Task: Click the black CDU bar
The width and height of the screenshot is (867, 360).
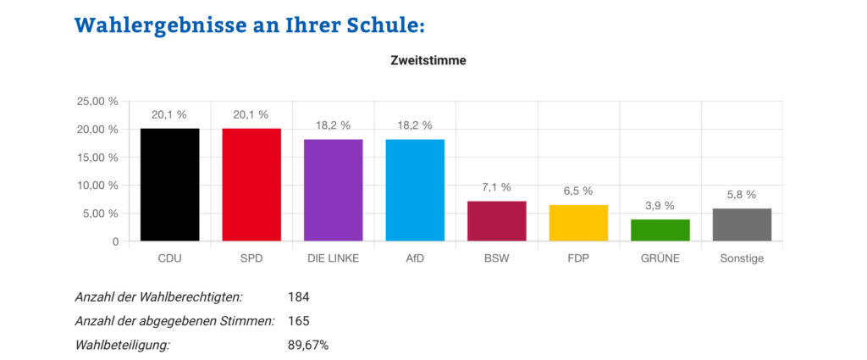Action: point(170,185)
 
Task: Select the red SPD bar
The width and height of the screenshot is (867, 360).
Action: point(251,185)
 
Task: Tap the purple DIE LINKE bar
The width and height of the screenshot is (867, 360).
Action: point(333,191)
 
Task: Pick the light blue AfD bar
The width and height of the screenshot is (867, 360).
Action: point(415,191)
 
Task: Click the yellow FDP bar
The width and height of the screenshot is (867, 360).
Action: point(578,223)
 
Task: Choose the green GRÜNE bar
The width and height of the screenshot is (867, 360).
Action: point(660,230)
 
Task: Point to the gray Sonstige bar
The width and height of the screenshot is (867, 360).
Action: point(742,224)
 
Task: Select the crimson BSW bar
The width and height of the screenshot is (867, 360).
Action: point(497,221)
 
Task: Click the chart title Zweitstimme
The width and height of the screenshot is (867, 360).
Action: point(428,61)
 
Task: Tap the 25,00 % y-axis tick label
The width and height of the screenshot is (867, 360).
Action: point(98,102)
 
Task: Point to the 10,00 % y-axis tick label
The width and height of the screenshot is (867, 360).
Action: point(98,186)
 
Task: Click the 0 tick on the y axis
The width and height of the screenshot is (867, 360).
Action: point(114,241)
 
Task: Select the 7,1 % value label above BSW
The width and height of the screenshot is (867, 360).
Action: point(496,187)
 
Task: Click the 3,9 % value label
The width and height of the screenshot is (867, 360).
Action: point(660,205)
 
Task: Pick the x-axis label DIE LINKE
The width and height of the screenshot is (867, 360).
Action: point(333,258)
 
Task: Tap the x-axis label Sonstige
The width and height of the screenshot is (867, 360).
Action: point(742,258)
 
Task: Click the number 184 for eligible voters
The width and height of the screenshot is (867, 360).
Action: point(299,297)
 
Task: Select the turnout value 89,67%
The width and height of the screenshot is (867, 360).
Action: point(308,345)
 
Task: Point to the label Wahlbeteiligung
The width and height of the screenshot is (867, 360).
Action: point(123,345)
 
